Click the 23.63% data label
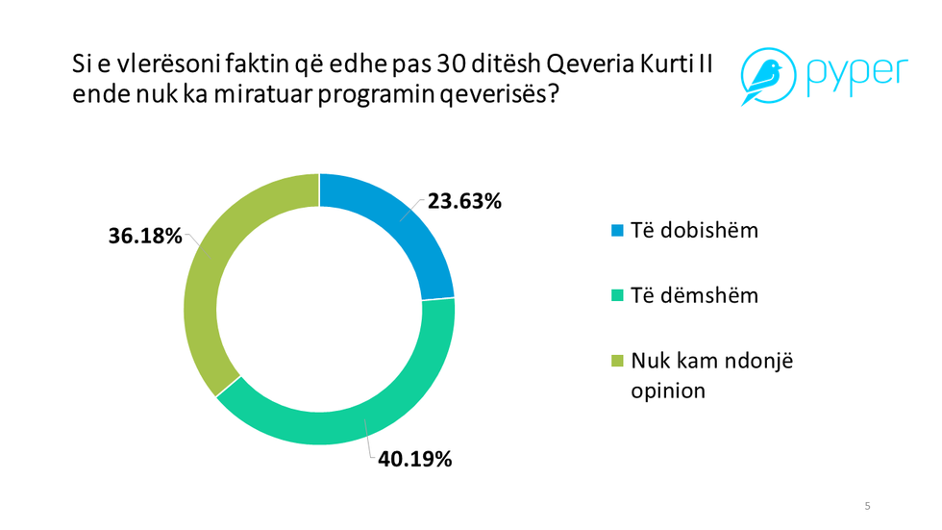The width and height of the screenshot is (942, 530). pos(464,202)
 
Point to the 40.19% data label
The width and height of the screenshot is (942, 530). pos(414,460)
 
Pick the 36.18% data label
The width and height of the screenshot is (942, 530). pos(144,236)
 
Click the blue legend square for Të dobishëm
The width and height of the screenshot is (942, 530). pos(617,231)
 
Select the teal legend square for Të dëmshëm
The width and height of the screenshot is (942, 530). pos(617,295)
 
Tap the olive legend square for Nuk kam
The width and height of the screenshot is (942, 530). pos(617,361)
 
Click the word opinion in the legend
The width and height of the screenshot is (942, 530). pos(668,391)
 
